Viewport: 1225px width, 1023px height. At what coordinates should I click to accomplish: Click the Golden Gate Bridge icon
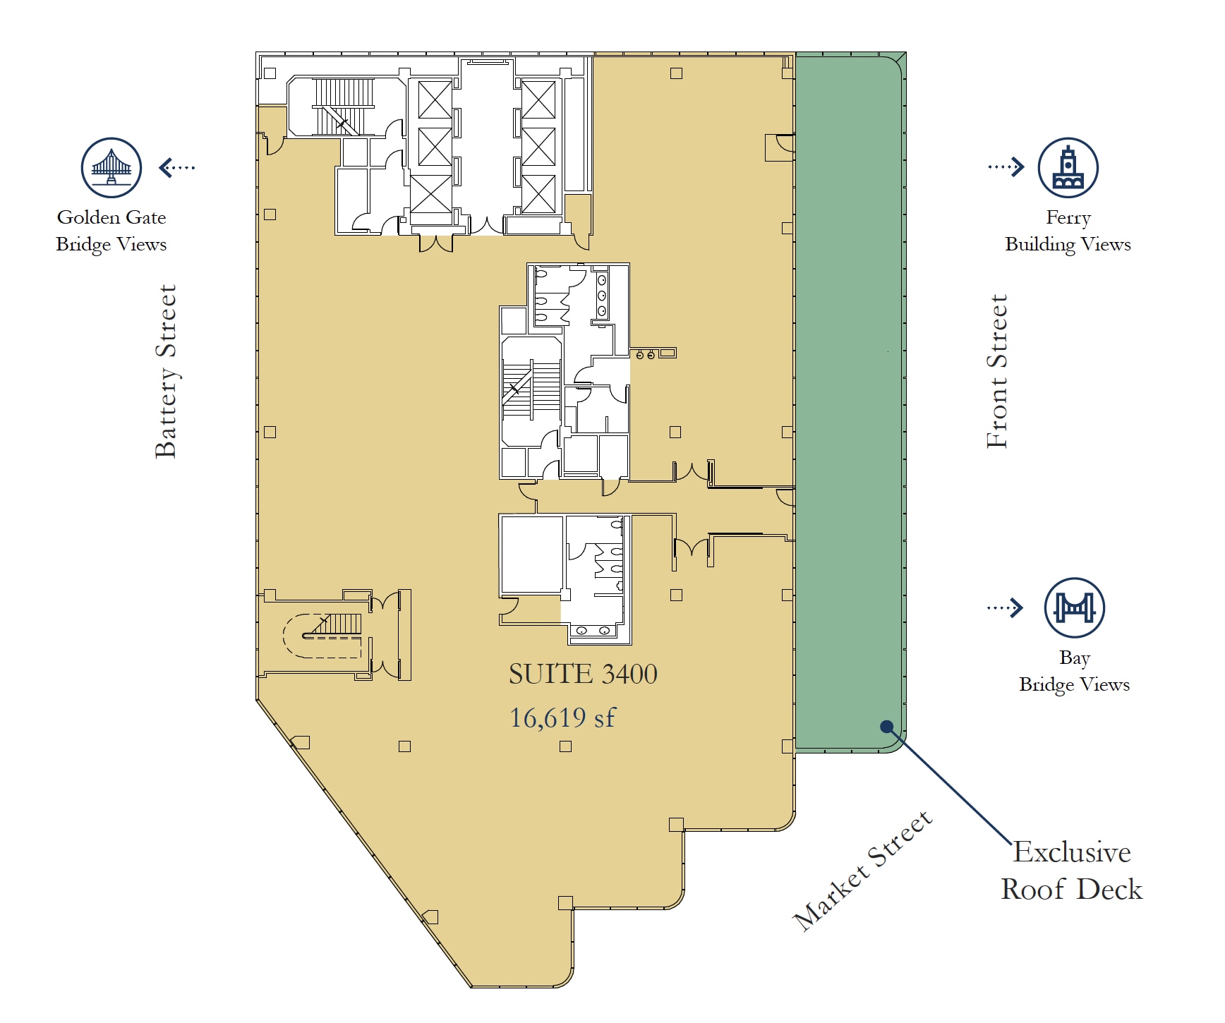(x=111, y=168)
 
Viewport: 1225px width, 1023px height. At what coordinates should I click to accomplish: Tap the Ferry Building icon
(x=1068, y=168)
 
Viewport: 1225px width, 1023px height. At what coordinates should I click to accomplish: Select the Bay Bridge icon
(x=1074, y=608)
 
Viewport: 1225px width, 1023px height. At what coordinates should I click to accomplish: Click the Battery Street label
(x=166, y=371)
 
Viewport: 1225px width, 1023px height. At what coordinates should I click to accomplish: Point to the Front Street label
(x=996, y=371)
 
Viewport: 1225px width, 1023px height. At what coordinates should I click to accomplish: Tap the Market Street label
(x=862, y=871)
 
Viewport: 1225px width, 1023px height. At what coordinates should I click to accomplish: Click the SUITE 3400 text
(x=583, y=674)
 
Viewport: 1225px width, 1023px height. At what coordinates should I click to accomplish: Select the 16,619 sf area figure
(x=562, y=718)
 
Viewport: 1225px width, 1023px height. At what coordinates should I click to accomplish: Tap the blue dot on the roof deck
(x=887, y=726)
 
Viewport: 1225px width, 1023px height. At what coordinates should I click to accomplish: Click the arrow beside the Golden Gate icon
(x=176, y=167)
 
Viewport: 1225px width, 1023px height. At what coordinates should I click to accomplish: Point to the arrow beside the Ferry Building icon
(x=1006, y=167)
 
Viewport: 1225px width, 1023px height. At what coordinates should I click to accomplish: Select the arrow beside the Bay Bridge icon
(x=1005, y=607)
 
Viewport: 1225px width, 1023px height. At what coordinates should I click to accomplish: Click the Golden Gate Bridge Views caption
(x=111, y=231)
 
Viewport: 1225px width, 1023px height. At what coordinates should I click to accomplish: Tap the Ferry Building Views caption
(x=1068, y=231)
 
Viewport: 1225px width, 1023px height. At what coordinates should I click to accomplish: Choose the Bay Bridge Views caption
(x=1074, y=671)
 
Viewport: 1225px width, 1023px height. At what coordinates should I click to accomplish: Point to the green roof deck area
(x=849, y=402)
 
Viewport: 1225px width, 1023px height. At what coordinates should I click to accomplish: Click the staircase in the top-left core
(x=343, y=107)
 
